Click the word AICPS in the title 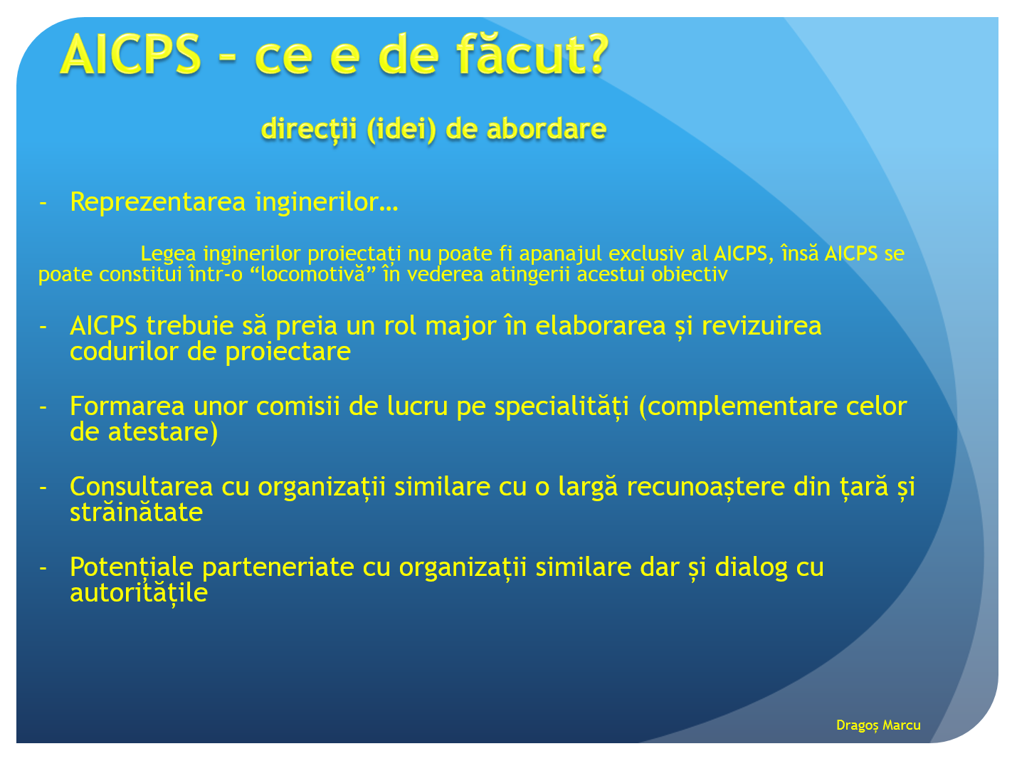130,54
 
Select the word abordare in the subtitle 547,129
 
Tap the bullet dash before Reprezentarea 43,202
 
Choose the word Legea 168,254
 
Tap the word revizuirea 761,325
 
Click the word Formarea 127,406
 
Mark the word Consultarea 141,487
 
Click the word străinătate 136,512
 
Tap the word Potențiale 132,568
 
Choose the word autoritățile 138,593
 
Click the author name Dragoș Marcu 877,725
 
